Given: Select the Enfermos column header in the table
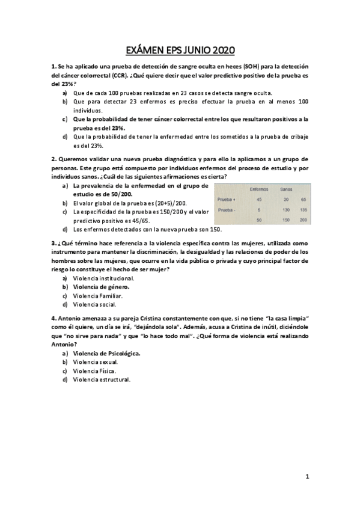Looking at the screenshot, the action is (258, 189).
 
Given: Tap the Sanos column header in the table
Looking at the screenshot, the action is (285, 189).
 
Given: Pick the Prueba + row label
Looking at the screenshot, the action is (227, 199).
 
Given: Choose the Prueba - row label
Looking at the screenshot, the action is (227, 210).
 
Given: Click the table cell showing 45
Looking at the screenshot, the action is (259, 199).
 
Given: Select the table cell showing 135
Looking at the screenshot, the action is (304, 210).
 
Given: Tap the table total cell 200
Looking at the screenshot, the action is (304, 220).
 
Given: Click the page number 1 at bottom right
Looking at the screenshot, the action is (307, 477).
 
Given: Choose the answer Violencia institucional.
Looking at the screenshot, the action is (103, 278).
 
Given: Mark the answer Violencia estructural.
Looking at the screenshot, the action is (102, 379).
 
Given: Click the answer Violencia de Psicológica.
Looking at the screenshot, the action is (106, 353).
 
